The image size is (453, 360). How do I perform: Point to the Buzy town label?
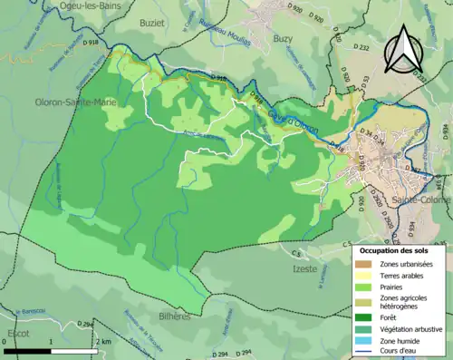click(x=284, y=40)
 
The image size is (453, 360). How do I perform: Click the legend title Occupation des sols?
click(x=396, y=249)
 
